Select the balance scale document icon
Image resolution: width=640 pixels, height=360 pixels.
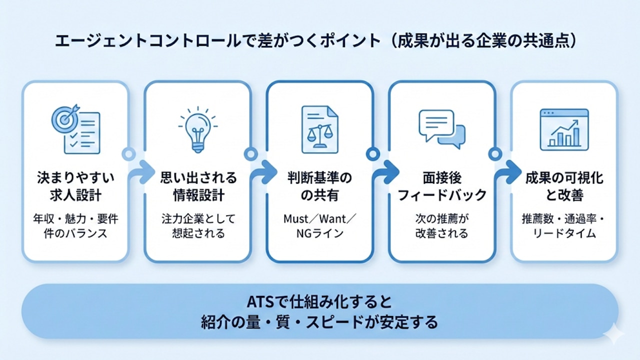click(319, 129)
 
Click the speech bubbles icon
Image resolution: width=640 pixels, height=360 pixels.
click(441, 129)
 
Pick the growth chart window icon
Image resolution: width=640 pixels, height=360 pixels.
click(564, 129)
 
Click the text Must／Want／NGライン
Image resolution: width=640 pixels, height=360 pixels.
click(319, 226)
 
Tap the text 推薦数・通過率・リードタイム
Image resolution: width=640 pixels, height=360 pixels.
click(564, 226)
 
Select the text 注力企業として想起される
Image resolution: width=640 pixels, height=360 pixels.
click(198, 226)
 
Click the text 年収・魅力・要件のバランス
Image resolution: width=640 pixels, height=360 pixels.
click(75, 226)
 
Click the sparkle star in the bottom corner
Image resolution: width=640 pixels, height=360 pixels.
click(613, 332)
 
